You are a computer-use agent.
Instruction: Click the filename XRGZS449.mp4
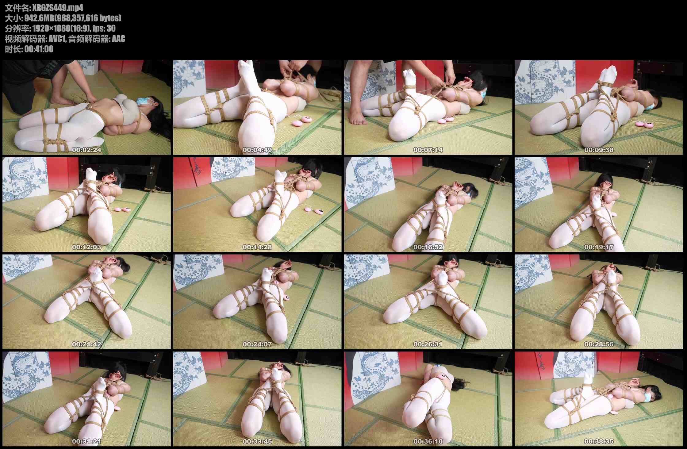pyautogui.click(x=58, y=8)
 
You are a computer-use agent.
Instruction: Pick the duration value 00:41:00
pyautogui.click(x=39, y=49)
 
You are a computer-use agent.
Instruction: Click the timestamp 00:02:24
pyautogui.click(x=86, y=150)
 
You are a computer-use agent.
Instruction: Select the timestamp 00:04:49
pyautogui.click(x=257, y=150)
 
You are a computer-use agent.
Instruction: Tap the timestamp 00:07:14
pyautogui.click(x=428, y=150)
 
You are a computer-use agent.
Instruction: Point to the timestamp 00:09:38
pyautogui.click(x=599, y=150)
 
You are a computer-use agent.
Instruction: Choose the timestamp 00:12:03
pyautogui.click(x=86, y=247)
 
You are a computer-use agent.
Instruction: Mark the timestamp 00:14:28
pyautogui.click(x=257, y=247)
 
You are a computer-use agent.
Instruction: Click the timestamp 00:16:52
pyautogui.click(x=428, y=247)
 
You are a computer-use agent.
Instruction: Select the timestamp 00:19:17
pyautogui.click(x=599, y=247)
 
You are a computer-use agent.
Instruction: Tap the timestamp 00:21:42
pyautogui.click(x=86, y=344)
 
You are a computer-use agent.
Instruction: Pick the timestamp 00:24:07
pyautogui.click(x=257, y=344)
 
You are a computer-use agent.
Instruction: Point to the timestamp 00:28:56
pyautogui.click(x=599, y=344)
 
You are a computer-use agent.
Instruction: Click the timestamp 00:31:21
pyautogui.click(x=86, y=442)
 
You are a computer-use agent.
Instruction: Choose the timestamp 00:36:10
pyautogui.click(x=428, y=442)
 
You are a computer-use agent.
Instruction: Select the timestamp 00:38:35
pyautogui.click(x=599, y=442)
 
